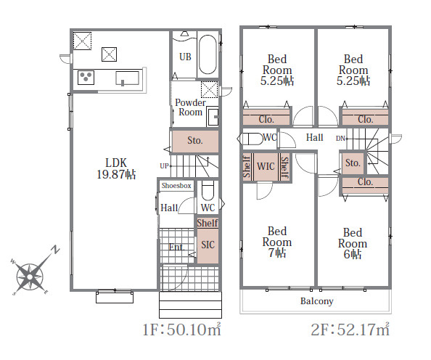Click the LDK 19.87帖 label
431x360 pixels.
[x=116, y=168]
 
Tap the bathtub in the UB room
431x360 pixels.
[x=208, y=54]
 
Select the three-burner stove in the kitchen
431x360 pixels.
[x=86, y=77]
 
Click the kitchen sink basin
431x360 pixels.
[x=127, y=78]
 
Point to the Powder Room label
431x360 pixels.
[x=190, y=107]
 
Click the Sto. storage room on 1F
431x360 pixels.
[x=195, y=141]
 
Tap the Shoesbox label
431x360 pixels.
[x=176, y=186]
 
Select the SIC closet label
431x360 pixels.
[x=208, y=245]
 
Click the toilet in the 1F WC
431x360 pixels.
[x=208, y=190]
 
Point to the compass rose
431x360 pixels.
[x=30, y=277]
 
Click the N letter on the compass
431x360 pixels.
[x=56, y=250]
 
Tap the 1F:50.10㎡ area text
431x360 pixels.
[x=181, y=330]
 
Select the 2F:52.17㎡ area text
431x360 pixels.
[x=350, y=330]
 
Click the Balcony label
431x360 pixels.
[x=316, y=301]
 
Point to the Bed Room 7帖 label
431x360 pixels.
[x=277, y=242]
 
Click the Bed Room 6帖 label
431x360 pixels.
[x=353, y=243]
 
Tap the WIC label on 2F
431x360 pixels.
[x=266, y=166]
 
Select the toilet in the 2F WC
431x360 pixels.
[x=250, y=139]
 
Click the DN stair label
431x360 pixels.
[x=340, y=139]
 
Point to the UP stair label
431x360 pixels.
[x=164, y=165]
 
